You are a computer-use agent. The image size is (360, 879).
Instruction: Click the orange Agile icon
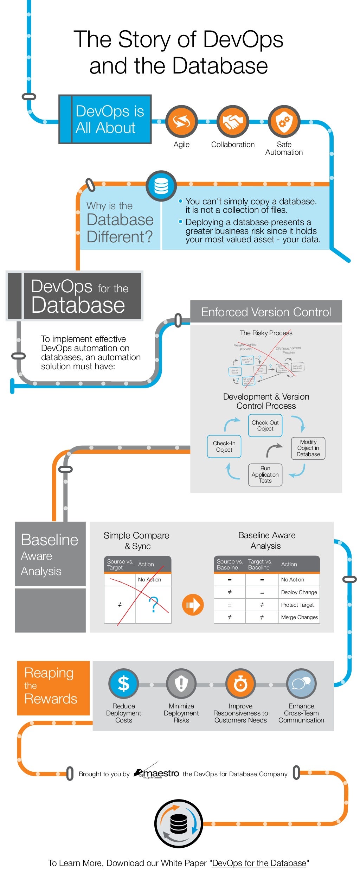[x=181, y=122]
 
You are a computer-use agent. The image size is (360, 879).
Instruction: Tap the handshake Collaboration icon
[x=233, y=122]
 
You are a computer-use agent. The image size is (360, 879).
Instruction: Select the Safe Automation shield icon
[x=284, y=122]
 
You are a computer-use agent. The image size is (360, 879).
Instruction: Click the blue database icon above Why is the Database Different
[x=161, y=186]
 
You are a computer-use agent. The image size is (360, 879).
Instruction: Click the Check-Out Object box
[x=265, y=426]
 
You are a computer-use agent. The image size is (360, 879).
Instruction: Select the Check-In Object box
[x=224, y=446]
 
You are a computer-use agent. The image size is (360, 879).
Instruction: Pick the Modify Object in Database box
[x=308, y=448]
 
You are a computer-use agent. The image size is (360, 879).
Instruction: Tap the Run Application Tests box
[x=265, y=474]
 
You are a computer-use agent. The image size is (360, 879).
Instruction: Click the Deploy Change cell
[x=299, y=592]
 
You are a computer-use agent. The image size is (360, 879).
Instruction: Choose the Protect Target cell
[x=297, y=605]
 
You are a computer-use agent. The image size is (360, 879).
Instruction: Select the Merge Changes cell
[x=299, y=617]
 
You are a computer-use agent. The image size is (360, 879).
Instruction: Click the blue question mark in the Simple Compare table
[x=153, y=605]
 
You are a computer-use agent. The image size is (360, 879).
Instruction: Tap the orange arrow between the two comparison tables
[x=193, y=605]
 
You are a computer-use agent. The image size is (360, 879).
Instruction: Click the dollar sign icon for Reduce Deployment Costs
[x=123, y=684]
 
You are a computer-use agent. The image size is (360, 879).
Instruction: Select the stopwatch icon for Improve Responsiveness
[x=240, y=684]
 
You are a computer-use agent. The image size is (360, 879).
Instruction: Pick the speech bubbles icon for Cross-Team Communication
[x=301, y=684]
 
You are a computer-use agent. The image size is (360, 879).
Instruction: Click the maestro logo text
[x=161, y=773]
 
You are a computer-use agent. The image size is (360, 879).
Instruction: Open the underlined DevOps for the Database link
[x=259, y=863]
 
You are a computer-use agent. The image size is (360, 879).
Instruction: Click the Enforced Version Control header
[x=266, y=312]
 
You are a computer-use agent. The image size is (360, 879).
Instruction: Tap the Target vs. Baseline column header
[x=260, y=564]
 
